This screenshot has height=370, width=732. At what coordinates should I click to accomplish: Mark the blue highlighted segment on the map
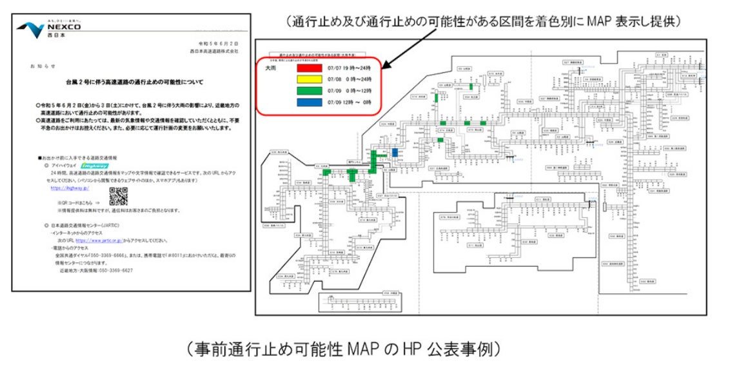tap(394, 151)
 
